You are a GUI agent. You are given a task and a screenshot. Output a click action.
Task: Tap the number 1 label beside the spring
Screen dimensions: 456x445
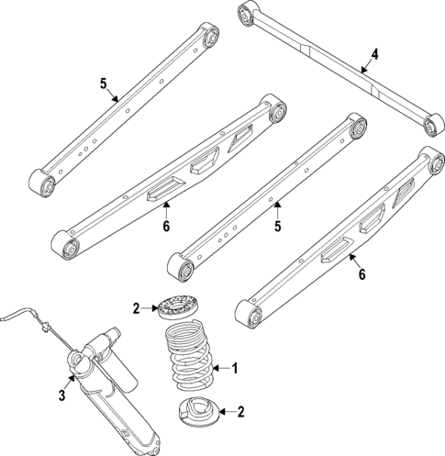click(235, 369)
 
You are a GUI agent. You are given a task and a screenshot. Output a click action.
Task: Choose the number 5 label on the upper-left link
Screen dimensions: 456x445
click(104, 83)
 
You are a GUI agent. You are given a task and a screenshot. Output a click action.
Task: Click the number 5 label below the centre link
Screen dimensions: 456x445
click(277, 226)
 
